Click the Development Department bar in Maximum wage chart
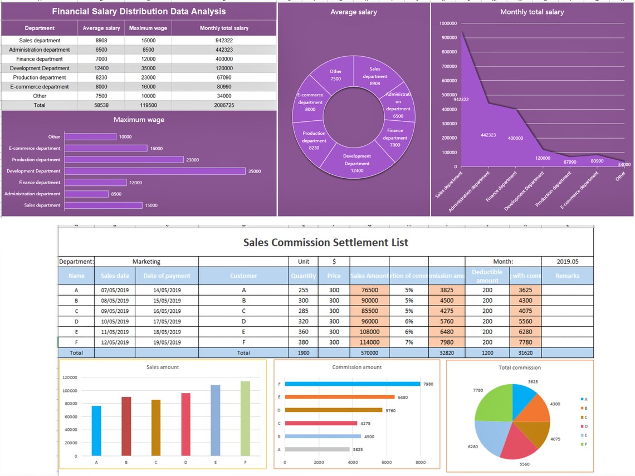155,171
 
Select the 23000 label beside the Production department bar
192,160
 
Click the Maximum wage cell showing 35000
148,68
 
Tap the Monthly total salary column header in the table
224,28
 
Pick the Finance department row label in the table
40,59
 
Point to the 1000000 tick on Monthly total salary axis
448,23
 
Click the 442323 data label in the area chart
488,135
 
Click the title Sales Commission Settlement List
325,243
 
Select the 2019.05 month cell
567,261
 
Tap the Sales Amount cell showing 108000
369,332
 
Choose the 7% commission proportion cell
409,342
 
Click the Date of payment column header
167,276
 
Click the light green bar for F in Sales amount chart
245,418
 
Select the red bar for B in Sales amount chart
126,425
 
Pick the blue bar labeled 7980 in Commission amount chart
352,384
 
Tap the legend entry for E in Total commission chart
584,435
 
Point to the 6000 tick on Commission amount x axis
387,463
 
